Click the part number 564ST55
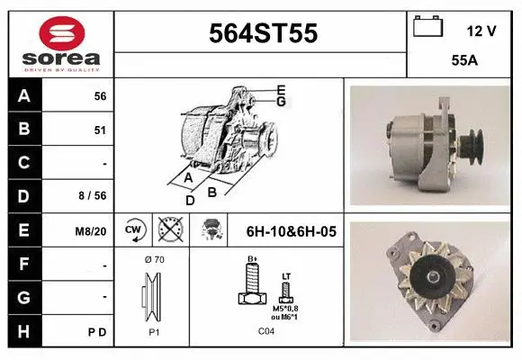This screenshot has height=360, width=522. [263, 33]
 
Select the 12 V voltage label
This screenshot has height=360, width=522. [481, 31]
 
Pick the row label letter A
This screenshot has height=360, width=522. [23, 96]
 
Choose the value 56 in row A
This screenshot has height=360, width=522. [100, 96]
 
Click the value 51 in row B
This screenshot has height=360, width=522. [100, 130]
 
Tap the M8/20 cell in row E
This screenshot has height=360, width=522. [92, 231]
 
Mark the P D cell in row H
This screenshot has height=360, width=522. [98, 332]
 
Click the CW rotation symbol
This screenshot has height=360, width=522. [134, 231]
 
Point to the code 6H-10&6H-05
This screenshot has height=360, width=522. [291, 231]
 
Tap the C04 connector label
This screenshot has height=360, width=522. [266, 331]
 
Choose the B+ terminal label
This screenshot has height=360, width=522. [253, 261]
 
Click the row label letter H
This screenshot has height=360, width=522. [23, 332]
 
